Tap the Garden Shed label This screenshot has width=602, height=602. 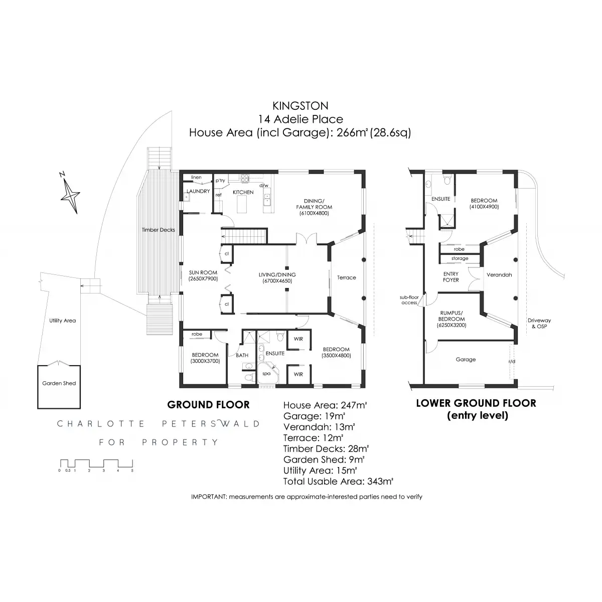pos(59,383)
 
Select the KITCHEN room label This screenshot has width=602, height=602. pos(243,192)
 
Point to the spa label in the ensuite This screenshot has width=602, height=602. pos(266,374)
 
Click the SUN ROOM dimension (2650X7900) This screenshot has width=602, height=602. pos(203,278)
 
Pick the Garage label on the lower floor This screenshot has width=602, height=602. pos(466,359)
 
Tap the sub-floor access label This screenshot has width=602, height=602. pos(409,300)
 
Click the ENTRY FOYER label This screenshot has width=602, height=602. pos(451,277)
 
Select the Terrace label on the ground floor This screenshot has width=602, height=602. pos(346,277)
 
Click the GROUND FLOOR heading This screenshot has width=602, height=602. pos(208,404)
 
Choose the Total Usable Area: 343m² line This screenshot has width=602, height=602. pos(338,482)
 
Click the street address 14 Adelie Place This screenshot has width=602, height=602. pos(300,119)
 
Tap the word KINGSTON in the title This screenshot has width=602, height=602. pos(300,106)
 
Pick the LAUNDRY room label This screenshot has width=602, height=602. pos(198,192)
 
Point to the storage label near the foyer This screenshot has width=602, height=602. pos(460,259)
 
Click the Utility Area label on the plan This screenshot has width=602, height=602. pos(63,321)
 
